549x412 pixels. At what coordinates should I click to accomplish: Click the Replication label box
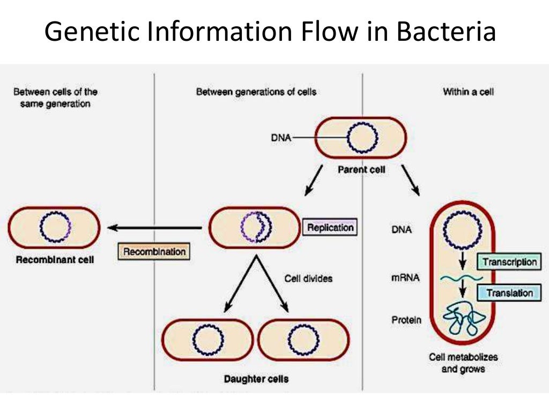pyautogui.click(x=330, y=227)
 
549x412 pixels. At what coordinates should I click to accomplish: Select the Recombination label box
pyautogui.click(x=154, y=251)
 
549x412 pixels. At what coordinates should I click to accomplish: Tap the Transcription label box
pyautogui.click(x=509, y=262)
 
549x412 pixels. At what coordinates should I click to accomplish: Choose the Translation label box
pyautogui.click(x=509, y=293)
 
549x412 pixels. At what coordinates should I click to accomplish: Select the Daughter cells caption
pyautogui.click(x=256, y=379)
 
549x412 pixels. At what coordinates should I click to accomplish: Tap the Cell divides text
pyautogui.click(x=308, y=278)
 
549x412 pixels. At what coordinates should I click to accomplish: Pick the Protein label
pyautogui.click(x=406, y=320)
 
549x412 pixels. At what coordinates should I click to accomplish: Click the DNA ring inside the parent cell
pyautogui.click(x=362, y=138)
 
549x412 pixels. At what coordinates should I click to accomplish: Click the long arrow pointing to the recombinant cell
pyautogui.click(x=155, y=228)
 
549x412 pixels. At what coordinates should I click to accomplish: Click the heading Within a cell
pyautogui.click(x=468, y=92)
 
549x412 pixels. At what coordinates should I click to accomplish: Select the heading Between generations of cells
pyautogui.click(x=256, y=92)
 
